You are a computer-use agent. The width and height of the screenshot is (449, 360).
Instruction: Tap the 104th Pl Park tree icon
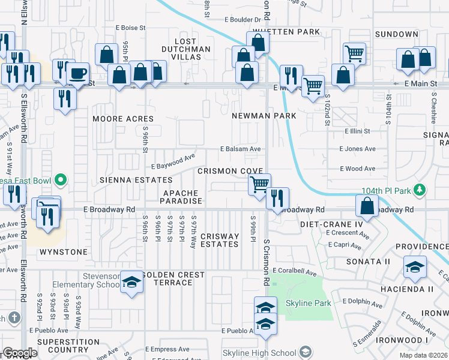coord(420,191)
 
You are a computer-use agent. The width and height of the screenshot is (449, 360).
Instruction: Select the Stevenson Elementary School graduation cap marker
coord(131,282)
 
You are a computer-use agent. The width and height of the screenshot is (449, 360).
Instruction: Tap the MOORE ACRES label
coord(123,119)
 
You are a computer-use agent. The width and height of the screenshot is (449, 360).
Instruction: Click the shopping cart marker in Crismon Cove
coord(259,184)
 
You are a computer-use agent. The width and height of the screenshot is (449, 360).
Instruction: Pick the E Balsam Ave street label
coord(240,149)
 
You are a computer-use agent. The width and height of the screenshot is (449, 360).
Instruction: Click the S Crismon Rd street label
coord(265,263)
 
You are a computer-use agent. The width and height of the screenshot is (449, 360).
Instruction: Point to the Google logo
coord(20,353)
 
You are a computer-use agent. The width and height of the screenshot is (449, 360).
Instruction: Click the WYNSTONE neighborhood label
coord(64,252)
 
